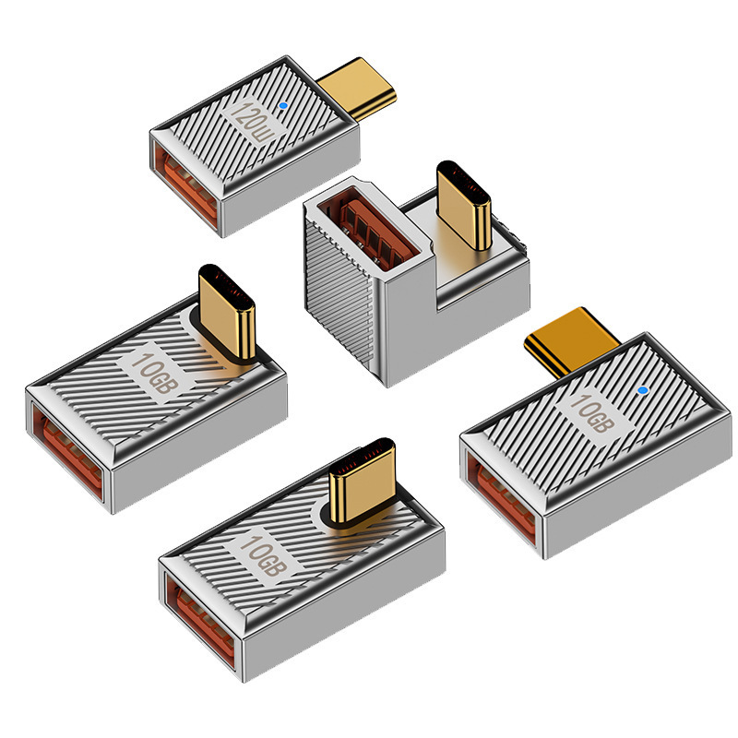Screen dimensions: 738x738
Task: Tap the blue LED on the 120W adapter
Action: [282, 106]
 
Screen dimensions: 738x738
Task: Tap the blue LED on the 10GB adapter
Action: [642, 390]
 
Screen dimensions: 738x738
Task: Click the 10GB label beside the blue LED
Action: [592, 413]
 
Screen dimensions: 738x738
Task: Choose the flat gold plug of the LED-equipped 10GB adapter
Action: [571, 340]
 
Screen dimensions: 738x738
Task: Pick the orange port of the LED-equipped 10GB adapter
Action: [502, 495]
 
